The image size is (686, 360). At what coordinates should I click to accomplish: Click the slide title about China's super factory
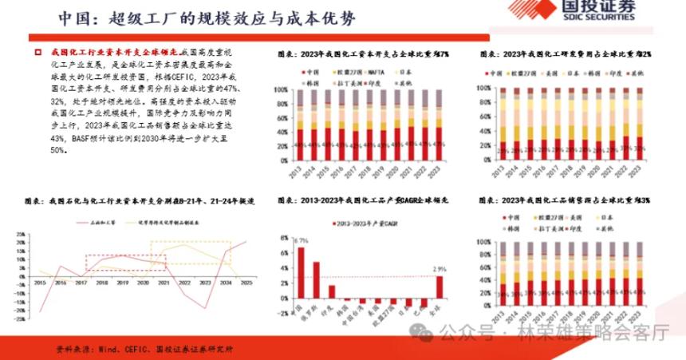point(208,18)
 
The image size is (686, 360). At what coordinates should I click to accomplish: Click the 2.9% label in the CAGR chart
point(440,270)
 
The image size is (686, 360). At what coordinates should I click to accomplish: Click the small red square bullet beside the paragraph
point(37,52)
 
